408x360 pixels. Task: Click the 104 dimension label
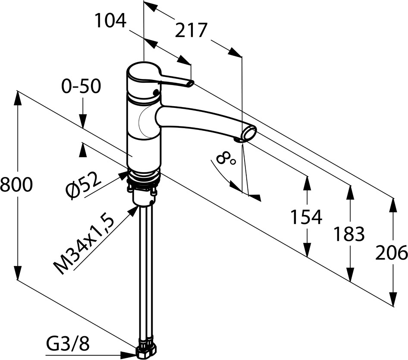pyautogui.click(x=110, y=21)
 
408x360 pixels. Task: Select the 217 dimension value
pyautogui.click(x=191, y=30)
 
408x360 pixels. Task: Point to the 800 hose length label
pyautogui.click(x=16, y=185)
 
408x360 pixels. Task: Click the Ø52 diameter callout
pyautogui.click(x=83, y=186)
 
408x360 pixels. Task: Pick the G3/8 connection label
pyautogui.click(x=68, y=344)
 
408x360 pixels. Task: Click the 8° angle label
pyautogui.click(x=225, y=159)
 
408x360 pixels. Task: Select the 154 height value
pyautogui.click(x=306, y=217)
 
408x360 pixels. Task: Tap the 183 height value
pyautogui.click(x=349, y=234)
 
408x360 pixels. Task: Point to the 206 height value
pyautogui.click(x=391, y=253)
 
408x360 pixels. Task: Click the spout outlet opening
pyautogui.click(x=249, y=133)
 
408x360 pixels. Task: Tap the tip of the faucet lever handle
pyautogui.click(x=191, y=83)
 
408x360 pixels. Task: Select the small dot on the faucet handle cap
pyautogui.click(x=156, y=92)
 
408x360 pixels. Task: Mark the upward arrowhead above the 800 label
pyautogui.click(x=17, y=99)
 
